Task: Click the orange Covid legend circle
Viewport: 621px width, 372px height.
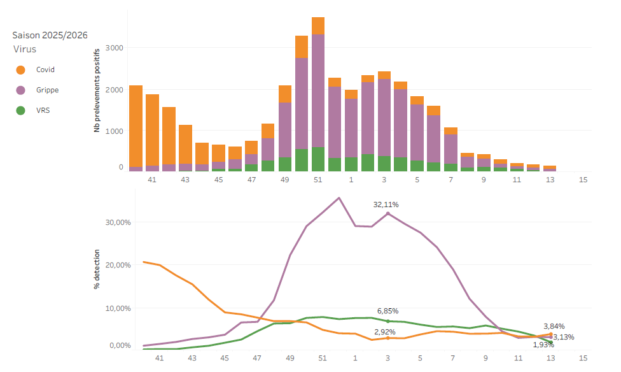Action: click(20, 70)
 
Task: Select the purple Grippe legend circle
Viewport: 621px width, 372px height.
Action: click(20, 90)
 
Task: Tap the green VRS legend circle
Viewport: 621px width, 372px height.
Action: click(20, 110)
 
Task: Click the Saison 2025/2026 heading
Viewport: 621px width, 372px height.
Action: click(50, 35)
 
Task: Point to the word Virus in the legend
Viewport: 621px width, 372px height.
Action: click(25, 49)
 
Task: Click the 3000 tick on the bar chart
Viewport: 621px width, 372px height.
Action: click(115, 48)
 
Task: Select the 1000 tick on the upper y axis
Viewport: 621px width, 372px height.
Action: click(115, 131)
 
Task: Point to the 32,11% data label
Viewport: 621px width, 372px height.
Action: click(386, 204)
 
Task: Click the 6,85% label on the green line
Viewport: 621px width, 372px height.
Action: click(387, 311)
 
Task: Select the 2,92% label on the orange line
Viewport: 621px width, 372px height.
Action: click(385, 332)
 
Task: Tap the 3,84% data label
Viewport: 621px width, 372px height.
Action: click(554, 326)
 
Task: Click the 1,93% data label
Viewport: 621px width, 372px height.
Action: click(543, 345)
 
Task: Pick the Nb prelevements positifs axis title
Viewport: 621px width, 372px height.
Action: click(97, 90)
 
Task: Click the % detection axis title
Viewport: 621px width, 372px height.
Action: click(97, 273)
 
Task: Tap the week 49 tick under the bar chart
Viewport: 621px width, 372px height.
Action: click(285, 180)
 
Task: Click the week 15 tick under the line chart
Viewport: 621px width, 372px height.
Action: click(583, 358)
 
